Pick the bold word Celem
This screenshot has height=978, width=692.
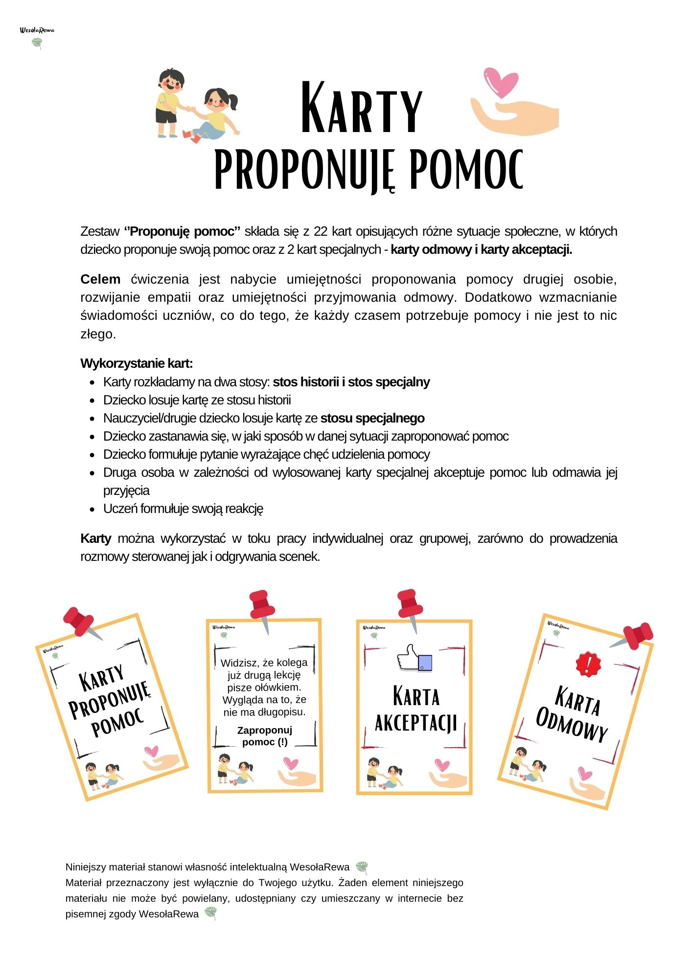point(100,279)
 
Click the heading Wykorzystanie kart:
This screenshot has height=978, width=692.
point(137,363)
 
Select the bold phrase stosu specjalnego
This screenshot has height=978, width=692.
point(372,418)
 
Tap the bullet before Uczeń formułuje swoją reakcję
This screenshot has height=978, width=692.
point(92,509)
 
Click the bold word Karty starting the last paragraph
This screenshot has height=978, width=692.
point(96,538)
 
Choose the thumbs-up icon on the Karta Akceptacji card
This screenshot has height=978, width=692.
point(414,658)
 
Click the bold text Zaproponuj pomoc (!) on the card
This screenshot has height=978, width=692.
point(265,736)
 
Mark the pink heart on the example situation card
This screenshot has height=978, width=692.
point(291,764)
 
